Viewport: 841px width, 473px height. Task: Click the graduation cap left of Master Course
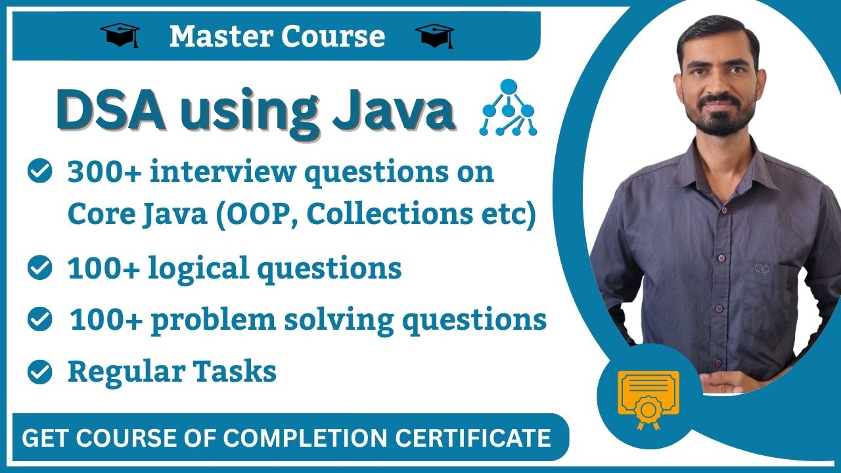click(120, 35)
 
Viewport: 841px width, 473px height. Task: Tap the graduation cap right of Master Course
click(435, 35)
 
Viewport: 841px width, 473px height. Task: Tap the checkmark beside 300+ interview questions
click(40, 173)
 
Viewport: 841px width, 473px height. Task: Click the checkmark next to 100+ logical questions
click(40, 268)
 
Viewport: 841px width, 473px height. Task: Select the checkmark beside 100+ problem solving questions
click(40, 320)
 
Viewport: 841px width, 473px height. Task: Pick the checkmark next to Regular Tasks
click(40, 372)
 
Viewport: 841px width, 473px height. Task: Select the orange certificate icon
click(648, 397)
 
